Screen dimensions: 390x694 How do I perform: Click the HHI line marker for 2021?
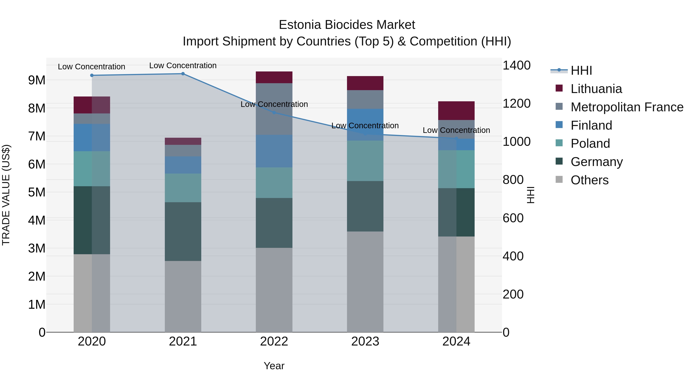click(183, 74)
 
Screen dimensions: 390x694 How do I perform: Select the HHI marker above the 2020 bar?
click(92, 75)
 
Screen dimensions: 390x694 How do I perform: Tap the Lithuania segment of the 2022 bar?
click(274, 77)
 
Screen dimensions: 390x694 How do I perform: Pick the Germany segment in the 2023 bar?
click(365, 206)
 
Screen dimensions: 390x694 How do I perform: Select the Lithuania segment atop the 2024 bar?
click(456, 111)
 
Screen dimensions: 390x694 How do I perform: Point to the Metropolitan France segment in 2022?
click(274, 109)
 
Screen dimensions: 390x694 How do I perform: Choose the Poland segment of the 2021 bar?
click(183, 188)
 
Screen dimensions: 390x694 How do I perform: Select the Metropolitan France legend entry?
click(627, 107)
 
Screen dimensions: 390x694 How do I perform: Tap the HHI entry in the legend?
click(581, 70)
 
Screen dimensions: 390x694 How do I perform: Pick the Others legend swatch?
click(559, 179)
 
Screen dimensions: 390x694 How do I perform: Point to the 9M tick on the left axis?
click(37, 80)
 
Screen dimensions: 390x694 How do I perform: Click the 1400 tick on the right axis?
click(516, 65)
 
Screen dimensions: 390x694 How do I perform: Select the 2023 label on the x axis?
click(365, 341)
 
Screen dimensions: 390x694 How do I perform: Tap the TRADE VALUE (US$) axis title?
click(6, 195)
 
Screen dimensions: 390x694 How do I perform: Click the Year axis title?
click(274, 366)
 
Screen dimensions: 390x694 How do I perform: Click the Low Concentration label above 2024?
click(456, 130)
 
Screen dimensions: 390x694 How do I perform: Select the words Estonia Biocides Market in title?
click(347, 25)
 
